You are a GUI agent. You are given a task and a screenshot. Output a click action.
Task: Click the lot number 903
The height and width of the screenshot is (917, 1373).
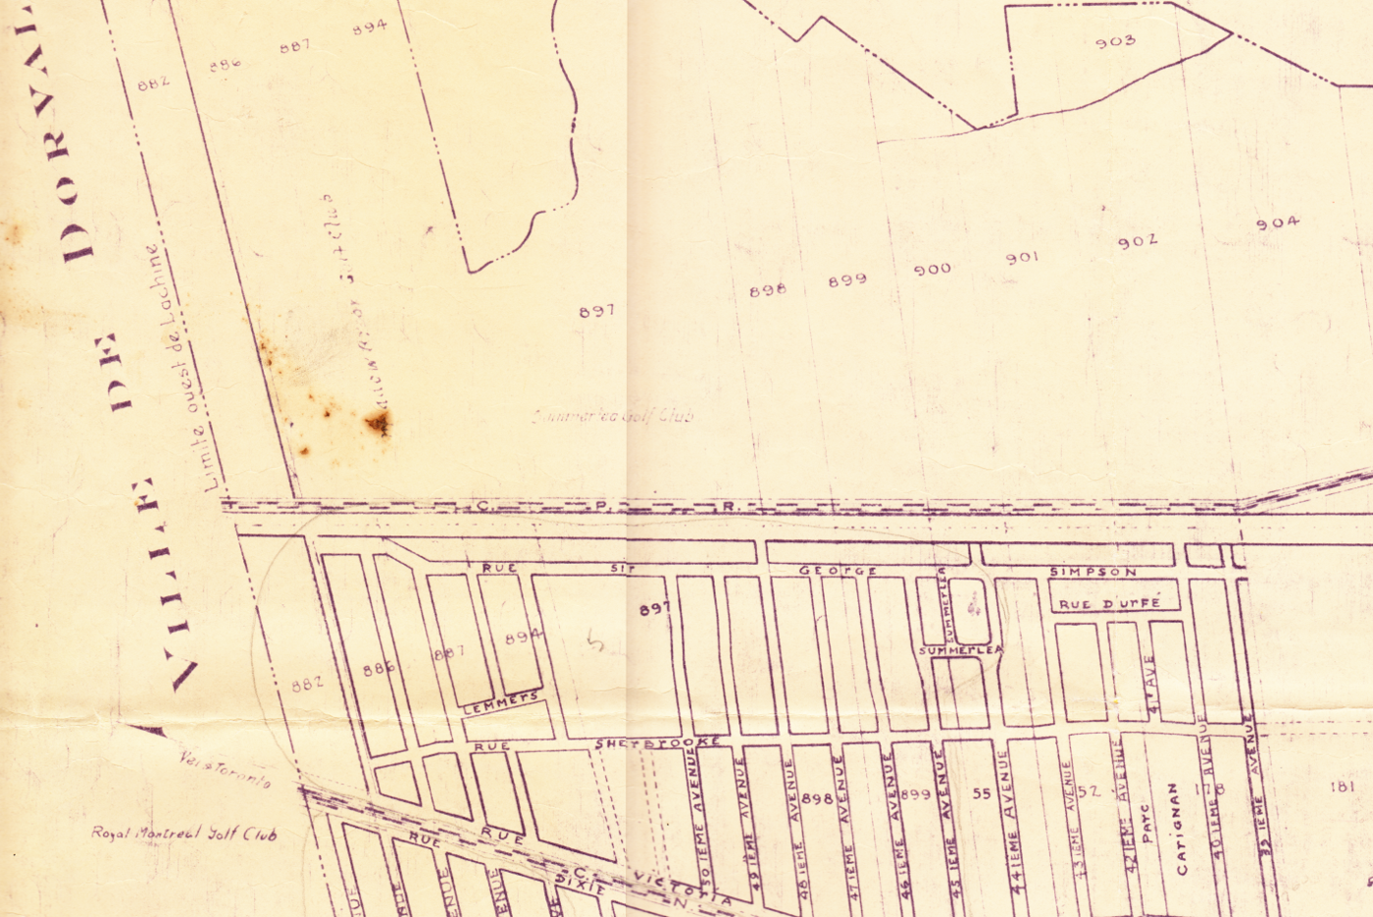[x=1115, y=41]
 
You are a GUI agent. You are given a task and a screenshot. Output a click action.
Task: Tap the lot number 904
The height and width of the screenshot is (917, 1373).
[x=1277, y=224]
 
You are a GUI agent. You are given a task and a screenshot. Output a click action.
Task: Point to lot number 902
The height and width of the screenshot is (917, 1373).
[x=1137, y=241]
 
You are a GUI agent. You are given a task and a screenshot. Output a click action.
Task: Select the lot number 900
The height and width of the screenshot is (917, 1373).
[x=932, y=269]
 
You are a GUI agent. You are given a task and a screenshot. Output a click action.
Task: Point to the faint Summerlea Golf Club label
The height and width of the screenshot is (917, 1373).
[x=613, y=416]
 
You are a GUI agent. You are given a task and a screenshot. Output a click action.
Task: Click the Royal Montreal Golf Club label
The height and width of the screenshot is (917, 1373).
[x=184, y=834]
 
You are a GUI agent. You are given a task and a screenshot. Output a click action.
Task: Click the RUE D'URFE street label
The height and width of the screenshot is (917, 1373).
[x=1109, y=604]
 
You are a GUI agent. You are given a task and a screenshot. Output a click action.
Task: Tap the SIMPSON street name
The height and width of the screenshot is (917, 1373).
[x=1093, y=572]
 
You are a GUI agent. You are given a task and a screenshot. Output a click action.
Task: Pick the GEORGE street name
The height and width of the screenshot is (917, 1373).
[x=838, y=571]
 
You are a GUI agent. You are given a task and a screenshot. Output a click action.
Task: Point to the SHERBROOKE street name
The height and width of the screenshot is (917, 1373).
[x=658, y=744]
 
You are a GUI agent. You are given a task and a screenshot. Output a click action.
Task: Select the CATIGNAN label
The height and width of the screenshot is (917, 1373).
[x=1178, y=829]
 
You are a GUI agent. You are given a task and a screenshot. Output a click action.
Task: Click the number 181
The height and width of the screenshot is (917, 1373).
[x=1342, y=787]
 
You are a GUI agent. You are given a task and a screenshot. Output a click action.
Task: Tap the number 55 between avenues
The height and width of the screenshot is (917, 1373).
[x=982, y=793]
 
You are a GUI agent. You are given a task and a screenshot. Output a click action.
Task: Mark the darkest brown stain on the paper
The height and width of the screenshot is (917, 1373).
[x=379, y=423]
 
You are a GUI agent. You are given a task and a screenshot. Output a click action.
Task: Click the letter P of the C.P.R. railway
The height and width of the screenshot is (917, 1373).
[x=600, y=506]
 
